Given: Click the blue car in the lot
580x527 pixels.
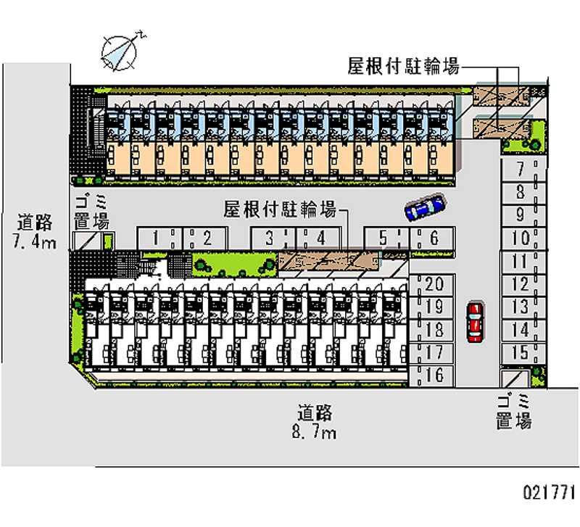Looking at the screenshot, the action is (x=425, y=207).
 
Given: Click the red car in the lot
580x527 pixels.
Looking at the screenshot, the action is (x=474, y=321).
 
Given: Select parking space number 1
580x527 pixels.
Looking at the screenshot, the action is (x=157, y=237).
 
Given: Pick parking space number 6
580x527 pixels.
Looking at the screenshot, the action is (x=434, y=237).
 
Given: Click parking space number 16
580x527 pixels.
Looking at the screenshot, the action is (x=434, y=375).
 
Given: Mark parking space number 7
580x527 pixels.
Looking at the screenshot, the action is (x=520, y=170).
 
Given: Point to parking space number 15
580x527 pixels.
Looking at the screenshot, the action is (x=520, y=353).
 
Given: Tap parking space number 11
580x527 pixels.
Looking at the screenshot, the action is (x=520, y=262).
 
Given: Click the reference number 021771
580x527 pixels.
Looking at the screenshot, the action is (x=549, y=493).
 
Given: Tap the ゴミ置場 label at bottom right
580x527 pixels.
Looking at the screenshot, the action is (x=514, y=411).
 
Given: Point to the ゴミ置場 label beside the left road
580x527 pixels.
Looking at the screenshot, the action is (x=91, y=213).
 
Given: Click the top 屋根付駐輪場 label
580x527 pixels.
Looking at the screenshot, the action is (x=403, y=67).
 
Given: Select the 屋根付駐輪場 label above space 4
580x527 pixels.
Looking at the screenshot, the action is (x=279, y=210).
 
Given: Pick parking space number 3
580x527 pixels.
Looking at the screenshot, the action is (x=270, y=237).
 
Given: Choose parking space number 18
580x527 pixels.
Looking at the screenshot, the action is (x=434, y=330).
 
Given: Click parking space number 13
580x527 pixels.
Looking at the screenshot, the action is (x=520, y=307).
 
